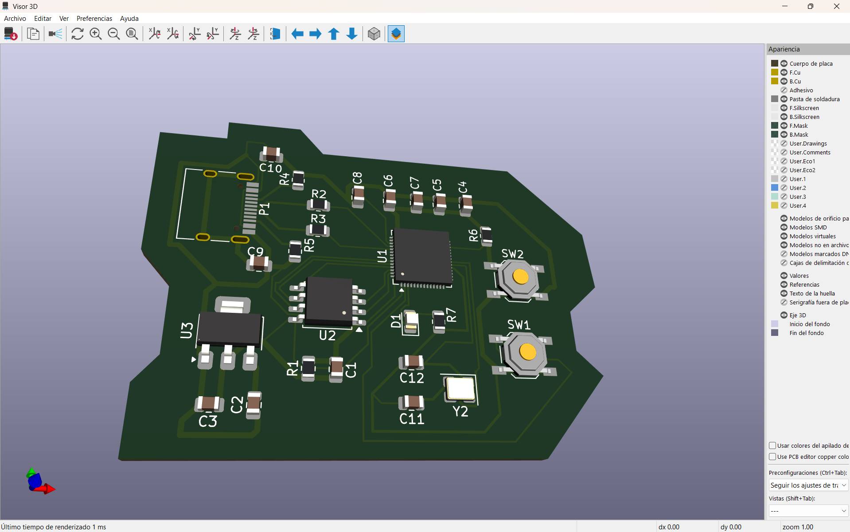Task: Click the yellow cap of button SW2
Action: click(520, 277)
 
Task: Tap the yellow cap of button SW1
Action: click(527, 352)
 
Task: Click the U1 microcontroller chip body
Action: click(423, 257)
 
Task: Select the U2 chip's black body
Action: click(329, 300)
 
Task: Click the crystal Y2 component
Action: click(460, 388)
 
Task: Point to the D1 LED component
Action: click(411, 322)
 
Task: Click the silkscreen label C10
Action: click(270, 168)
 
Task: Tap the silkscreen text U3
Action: click(187, 331)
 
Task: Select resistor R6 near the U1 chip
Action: click(486, 236)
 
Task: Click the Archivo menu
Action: click(15, 19)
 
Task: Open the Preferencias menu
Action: click(94, 19)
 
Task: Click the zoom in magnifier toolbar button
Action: click(96, 34)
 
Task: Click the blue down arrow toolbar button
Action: click(352, 34)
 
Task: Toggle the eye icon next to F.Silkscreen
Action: click(784, 108)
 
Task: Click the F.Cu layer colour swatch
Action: click(774, 72)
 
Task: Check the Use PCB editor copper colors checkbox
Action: click(772, 457)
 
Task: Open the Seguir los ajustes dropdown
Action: click(808, 485)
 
